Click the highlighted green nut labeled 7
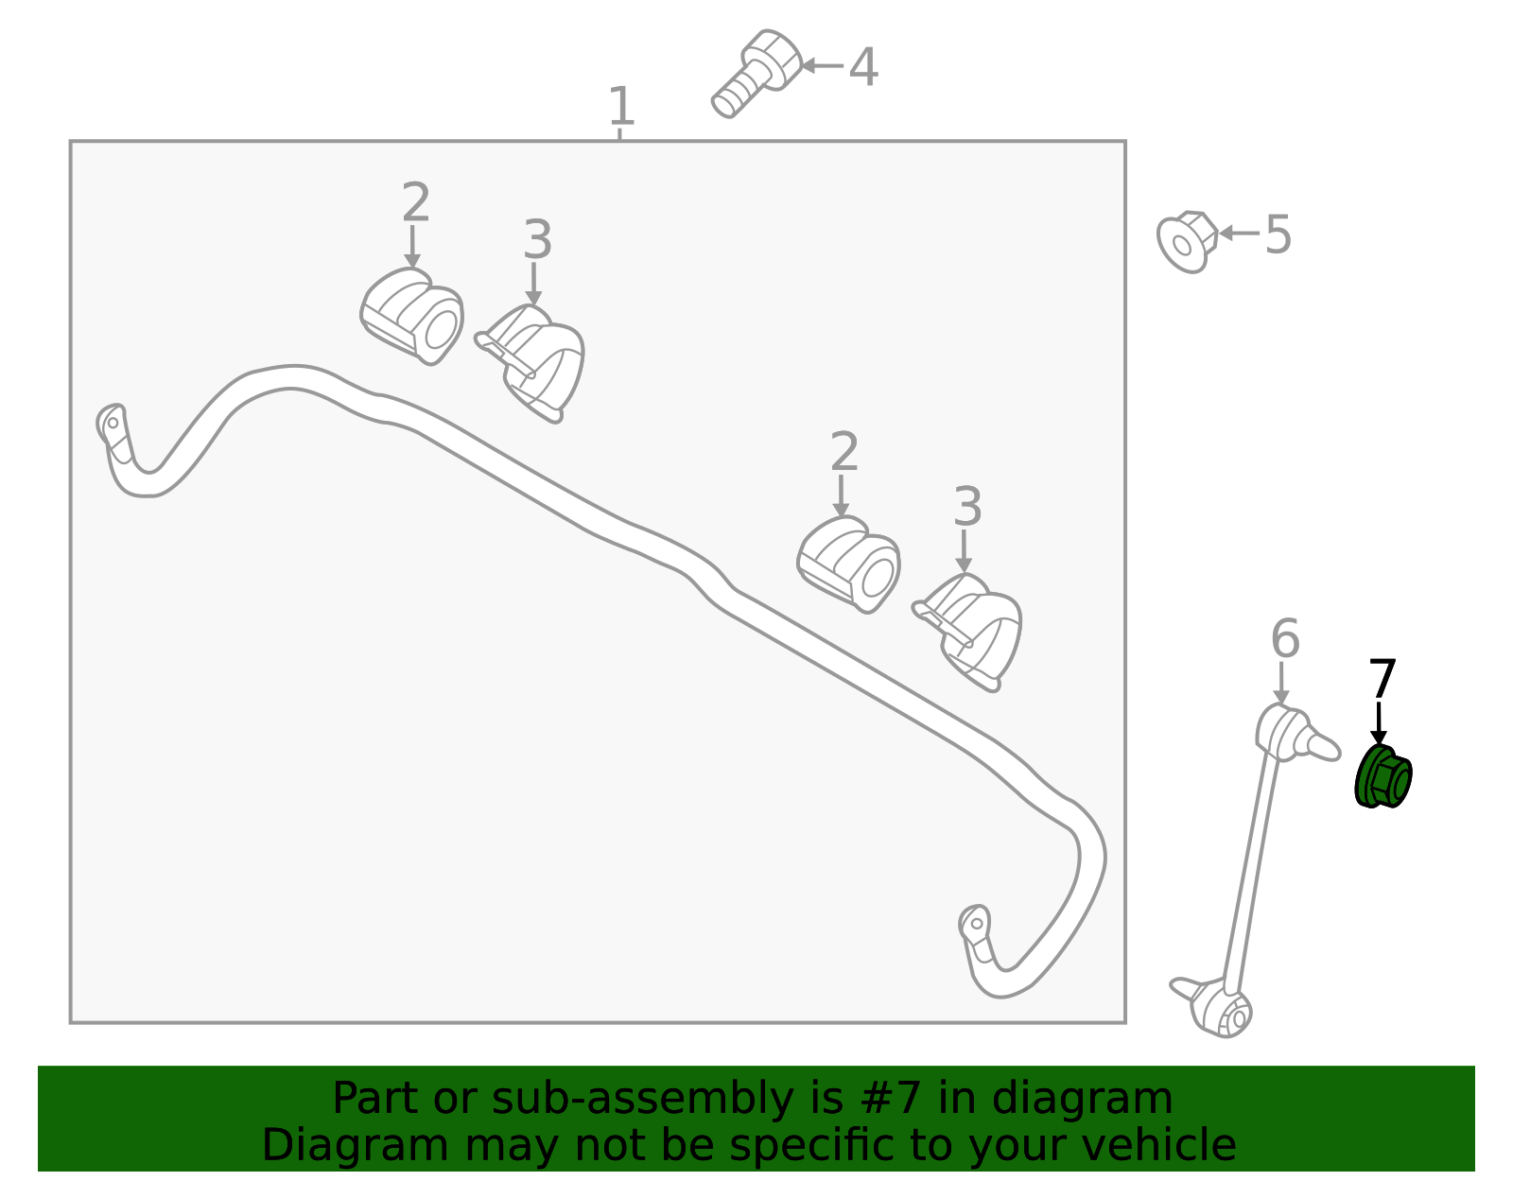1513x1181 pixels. pyautogui.click(x=1383, y=776)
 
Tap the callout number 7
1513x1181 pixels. pyautogui.click(x=1383, y=679)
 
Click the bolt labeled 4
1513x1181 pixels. pyautogui.click(x=756, y=73)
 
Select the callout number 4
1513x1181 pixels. pyautogui.click(x=863, y=67)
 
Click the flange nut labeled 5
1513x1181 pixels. pyautogui.click(x=1187, y=242)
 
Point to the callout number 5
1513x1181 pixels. pyautogui.click(x=1278, y=234)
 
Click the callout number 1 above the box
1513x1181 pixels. pyautogui.click(x=621, y=106)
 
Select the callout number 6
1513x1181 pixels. pyautogui.click(x=1285, y=638)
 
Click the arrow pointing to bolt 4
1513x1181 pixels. pyautogui.click(x=823, y=66)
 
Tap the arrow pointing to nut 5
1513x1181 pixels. pyautogui.click(x=1240, y=234)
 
